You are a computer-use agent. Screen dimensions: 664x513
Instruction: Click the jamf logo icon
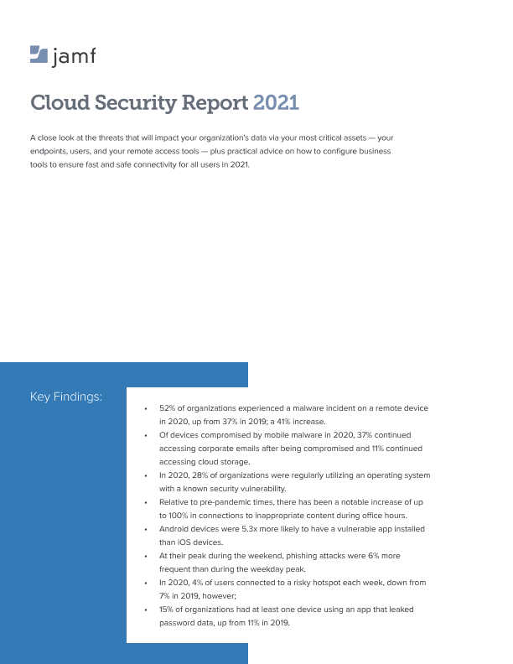39,55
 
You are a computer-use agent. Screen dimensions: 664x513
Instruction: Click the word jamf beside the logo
75,56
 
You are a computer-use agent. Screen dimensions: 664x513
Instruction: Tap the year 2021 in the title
276,103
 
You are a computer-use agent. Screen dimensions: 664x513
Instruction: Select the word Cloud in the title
57,103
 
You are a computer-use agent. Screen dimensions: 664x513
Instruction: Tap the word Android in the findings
175,530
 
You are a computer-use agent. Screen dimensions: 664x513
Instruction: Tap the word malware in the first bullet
308,408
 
